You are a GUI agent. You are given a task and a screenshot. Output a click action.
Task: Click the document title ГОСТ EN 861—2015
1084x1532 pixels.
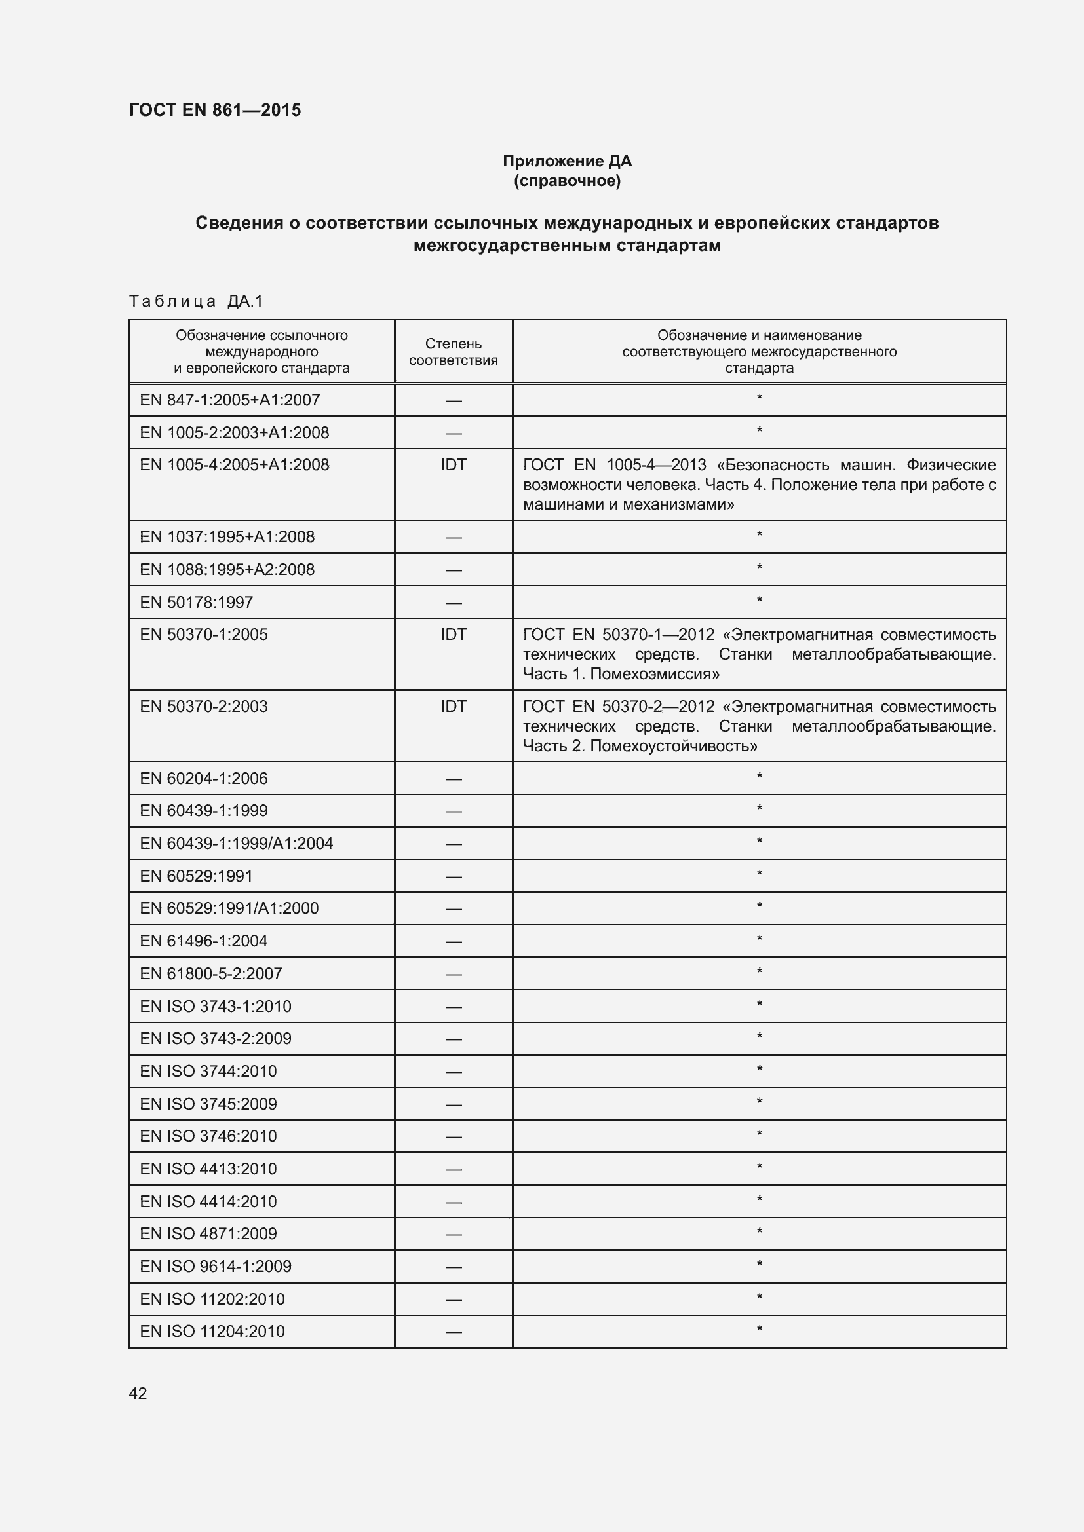[215, 110]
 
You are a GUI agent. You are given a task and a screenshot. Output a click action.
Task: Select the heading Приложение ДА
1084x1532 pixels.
[567, 161]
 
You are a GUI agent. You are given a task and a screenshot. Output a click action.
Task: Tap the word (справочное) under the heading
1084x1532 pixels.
[567, 181]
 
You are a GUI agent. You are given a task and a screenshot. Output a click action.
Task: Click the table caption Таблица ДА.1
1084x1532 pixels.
[196, 301]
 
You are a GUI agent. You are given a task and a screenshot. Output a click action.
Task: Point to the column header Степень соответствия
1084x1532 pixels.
[454, 352]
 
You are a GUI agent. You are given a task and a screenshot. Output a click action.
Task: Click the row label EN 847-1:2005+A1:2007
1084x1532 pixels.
[229, 400]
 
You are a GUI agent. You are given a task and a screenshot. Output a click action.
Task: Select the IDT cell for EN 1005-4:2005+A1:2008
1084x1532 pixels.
[454, 465]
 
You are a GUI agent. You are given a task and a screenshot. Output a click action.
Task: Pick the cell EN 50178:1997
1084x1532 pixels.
[196, 602]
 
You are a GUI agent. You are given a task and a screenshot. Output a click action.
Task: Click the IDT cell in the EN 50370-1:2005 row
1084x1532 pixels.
[454, 635]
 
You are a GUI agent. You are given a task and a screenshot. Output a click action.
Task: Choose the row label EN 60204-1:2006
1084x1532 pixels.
[204, 778]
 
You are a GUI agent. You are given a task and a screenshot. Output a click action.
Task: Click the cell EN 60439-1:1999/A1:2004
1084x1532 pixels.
[237, 844]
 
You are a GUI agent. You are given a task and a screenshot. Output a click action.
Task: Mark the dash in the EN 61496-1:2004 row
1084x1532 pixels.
[454, 941]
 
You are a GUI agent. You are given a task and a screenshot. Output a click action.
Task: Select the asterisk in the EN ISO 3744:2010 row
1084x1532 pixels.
[759, 1070]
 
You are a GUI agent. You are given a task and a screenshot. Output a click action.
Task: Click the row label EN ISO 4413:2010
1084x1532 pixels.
[208, 1168]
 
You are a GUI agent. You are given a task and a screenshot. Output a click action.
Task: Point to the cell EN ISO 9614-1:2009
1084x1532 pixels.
[216, 1266]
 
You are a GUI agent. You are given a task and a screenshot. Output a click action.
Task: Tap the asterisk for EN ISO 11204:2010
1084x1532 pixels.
[759, 1330]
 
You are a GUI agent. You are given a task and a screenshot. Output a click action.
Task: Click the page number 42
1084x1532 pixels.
[138, 1393]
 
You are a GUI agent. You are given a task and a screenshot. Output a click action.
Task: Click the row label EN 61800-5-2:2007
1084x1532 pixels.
[211, 973]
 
